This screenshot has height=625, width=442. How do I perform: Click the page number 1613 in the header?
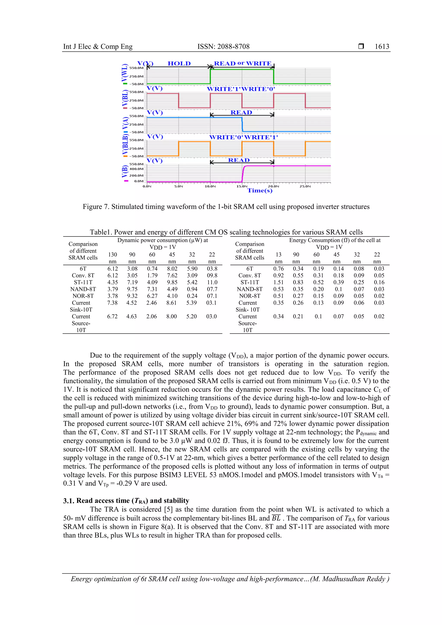pos(382,47)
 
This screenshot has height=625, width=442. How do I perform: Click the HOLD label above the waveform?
pos(179,63)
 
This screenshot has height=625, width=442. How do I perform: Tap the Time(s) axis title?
pos(260,190)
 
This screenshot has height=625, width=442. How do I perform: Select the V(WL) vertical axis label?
pos(125,73)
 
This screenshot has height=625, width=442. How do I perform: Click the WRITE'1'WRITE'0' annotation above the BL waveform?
pos(241,89)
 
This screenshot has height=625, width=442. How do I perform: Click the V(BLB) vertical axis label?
pos(125,145)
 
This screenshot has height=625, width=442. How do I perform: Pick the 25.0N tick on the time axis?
pos(305,186)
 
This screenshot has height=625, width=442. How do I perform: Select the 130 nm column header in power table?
pos(112,258)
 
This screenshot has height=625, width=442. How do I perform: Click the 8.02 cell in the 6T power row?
pos(172,269)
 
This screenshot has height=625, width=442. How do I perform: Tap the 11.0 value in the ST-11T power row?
pos(212,282)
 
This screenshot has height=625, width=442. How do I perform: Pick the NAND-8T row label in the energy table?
pos(249,289)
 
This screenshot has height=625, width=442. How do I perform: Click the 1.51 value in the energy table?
pos(278,282)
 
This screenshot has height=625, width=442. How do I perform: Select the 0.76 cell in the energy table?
pos(278,269)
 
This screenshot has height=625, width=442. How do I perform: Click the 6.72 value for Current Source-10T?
pos(112,316)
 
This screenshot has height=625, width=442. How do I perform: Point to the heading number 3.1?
pos(69,501)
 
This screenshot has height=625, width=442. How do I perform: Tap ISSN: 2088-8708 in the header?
pos(223,47)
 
